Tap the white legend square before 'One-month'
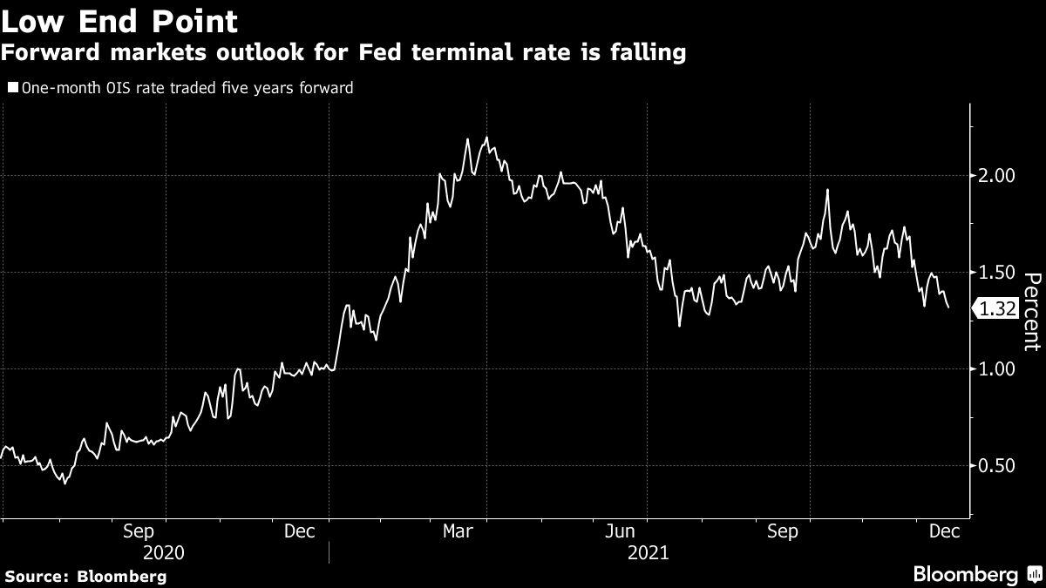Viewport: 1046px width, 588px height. (12, 88)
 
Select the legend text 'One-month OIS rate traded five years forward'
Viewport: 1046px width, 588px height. (187, 88)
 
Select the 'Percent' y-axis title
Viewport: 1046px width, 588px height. (1032, 311)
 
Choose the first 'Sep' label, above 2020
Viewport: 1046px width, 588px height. (139, 531)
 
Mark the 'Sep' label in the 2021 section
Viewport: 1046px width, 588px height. (783, 531)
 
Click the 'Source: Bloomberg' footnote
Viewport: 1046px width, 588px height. (85, 576)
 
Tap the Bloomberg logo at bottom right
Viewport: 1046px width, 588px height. (975, 574)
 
